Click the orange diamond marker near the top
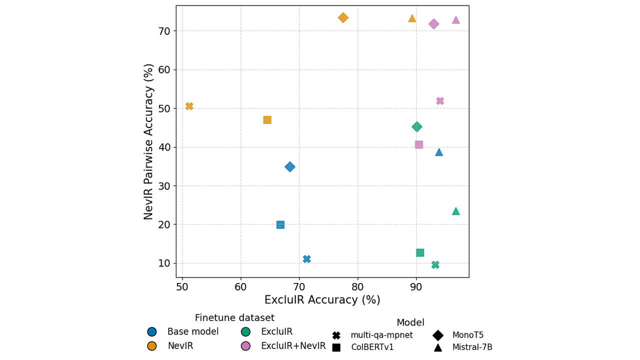click(343, 17)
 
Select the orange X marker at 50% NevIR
click(189, 106)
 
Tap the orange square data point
click(267, 120)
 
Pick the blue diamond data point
click(290, 166)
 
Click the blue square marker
click(280, 224)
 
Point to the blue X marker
click(306, 259)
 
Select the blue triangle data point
click(439, 152)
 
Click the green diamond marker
click(417, 126)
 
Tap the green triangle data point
click(455, 211)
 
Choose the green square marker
click(420, 252)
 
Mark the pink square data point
click(419, 144)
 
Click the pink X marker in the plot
click(440, 101)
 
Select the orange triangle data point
click(412, 18)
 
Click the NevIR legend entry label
click(180, 346)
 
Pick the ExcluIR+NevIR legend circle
click(245, 346)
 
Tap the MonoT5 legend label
click(467, 335)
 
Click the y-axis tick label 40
click(163, 147)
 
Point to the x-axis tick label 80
click(357, 286)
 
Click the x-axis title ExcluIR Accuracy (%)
click(322, 300)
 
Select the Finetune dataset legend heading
click(234, 318)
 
